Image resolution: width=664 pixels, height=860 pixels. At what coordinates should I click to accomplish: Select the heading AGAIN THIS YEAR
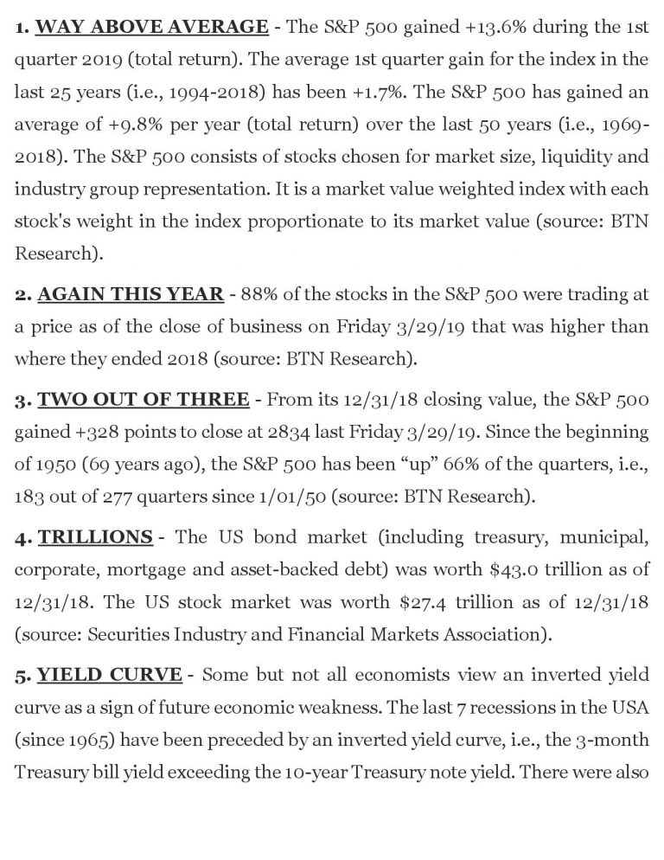[130, 294]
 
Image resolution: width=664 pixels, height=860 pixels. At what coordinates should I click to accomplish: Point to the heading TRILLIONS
[95, 536]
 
